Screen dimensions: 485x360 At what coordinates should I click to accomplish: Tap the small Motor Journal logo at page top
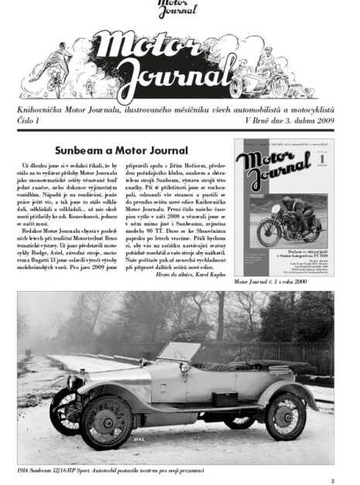click(x=177, y=10)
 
